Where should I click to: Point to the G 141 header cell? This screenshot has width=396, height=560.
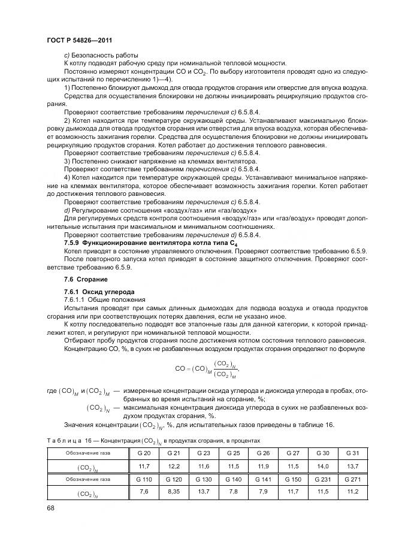click(262, 479)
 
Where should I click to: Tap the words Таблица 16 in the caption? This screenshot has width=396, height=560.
click(66, 440)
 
